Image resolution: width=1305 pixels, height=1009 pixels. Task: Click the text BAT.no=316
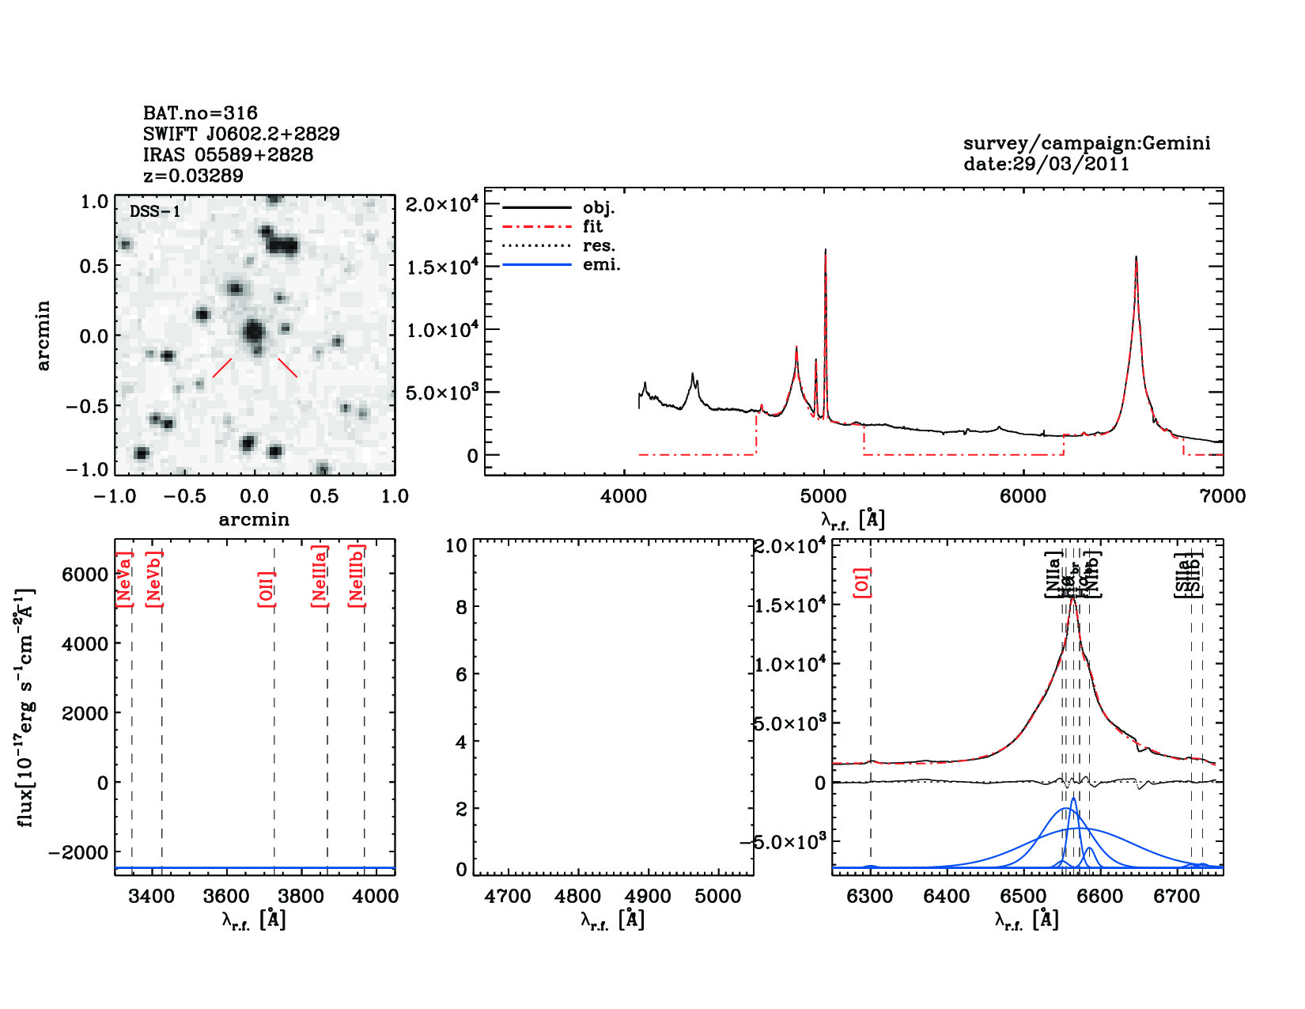click(200, 113)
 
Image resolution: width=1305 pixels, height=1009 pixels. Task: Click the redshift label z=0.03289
click(193, 176)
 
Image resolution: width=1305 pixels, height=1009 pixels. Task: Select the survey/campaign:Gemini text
click(1086, 143)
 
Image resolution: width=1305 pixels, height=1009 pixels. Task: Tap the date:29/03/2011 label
click(1046, 164)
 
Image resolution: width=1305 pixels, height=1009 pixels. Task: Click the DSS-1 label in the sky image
click(155, 211)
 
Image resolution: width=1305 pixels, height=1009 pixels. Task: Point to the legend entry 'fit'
click(592, 226)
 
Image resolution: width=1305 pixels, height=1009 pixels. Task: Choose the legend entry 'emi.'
click(601, 264)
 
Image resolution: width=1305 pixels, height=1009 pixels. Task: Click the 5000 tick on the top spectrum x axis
click(823, 496)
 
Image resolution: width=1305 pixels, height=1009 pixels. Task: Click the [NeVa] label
click(124, 580)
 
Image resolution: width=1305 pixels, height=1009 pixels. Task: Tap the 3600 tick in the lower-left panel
click(227, 896)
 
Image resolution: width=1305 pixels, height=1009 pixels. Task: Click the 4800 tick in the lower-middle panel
click(578, 896)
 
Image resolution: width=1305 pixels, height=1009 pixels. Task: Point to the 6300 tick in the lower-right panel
click(870, 896)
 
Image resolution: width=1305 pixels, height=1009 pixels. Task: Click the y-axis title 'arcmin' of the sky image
click(43, 335)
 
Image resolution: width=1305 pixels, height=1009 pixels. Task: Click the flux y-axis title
click(26, 707)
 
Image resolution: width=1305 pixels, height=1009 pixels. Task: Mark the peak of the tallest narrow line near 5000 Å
click(825, 250)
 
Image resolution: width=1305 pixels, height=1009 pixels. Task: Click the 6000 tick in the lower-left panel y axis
click(85, 575)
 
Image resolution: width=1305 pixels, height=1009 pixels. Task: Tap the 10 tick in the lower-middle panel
click(456, 545)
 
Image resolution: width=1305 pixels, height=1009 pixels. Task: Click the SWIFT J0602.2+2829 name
click(241, 134)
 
